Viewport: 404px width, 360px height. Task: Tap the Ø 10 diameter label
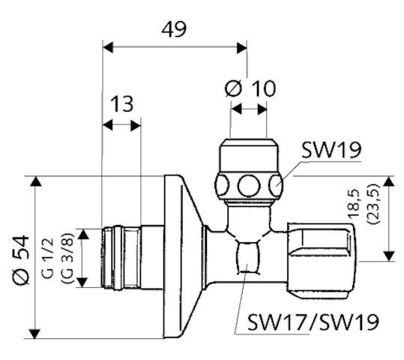point(250,88)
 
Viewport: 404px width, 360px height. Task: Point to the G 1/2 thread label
point(47,256)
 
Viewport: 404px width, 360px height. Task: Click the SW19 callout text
point(331,149)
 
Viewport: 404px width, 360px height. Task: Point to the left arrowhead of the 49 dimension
point(107,47)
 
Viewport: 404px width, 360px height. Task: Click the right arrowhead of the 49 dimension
point(241,47)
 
